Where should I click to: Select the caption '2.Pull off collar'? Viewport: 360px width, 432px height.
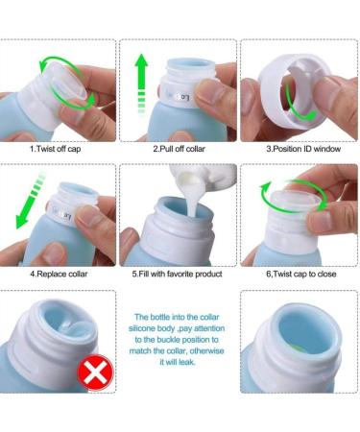[180, 149]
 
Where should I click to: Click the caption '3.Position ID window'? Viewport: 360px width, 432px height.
[300, 149]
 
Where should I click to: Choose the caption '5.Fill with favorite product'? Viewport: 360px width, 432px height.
[178, 274]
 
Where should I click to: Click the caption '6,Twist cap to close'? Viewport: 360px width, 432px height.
[299, 274]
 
